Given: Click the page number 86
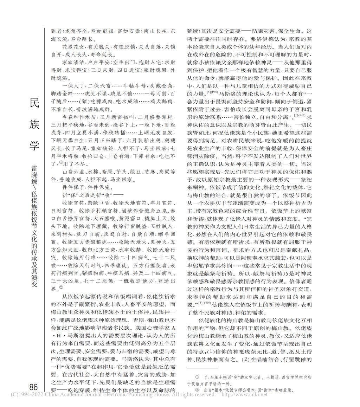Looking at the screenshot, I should coord(33,387).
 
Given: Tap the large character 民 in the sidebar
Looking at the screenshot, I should coord(35,104).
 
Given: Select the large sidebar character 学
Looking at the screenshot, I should coord(35,144).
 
